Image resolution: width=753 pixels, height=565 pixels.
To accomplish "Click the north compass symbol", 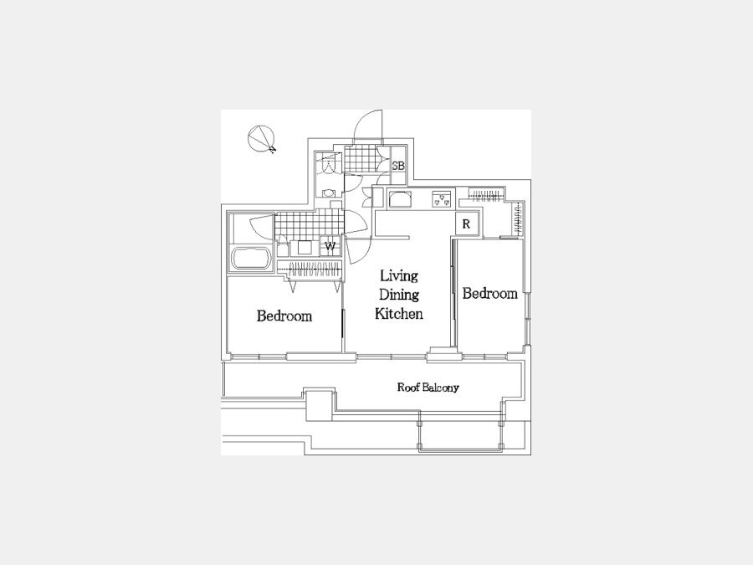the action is tap(262, 139).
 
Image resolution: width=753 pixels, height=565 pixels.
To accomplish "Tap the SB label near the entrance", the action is tap(398, 166).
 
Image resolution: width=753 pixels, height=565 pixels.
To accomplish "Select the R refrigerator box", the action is tap(466, 223).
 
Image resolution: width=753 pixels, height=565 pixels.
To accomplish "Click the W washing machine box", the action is tap(330, 246).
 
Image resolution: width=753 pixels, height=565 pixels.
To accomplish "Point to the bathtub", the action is tap(250, 259).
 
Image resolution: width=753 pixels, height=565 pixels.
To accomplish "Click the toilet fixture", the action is tap(329, 193).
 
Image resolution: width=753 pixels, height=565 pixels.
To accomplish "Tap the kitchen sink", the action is tap(400, 199).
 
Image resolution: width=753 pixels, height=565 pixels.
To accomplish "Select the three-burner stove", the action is tap(443, 199).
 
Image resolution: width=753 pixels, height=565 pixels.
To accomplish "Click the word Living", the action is tap(399, 275).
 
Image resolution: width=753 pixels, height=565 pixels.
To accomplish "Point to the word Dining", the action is tap(399, 295).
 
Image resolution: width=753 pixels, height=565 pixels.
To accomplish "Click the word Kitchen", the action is tap(398, 314).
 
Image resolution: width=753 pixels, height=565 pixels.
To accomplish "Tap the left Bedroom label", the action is tap(284, 316).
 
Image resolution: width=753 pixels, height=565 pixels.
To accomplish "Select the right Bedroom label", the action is tap(489, 293).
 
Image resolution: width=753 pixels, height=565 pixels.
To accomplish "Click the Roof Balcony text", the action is tap(428, 388).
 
